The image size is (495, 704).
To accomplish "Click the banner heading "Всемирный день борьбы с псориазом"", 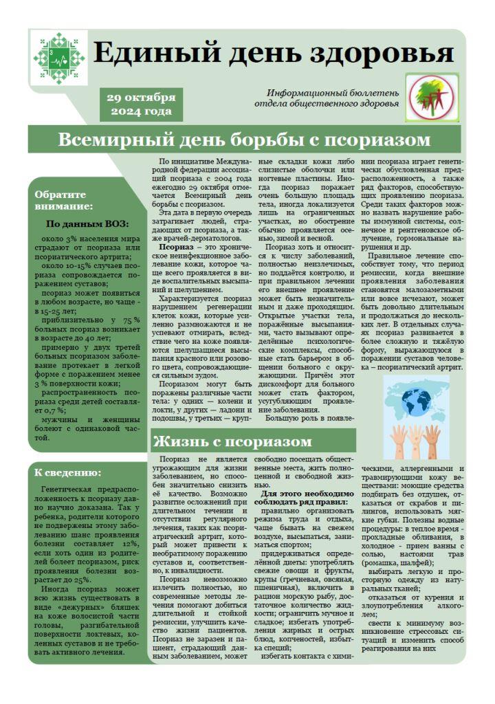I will coord(244,140).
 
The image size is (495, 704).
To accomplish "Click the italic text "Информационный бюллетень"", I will coord(333,92).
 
